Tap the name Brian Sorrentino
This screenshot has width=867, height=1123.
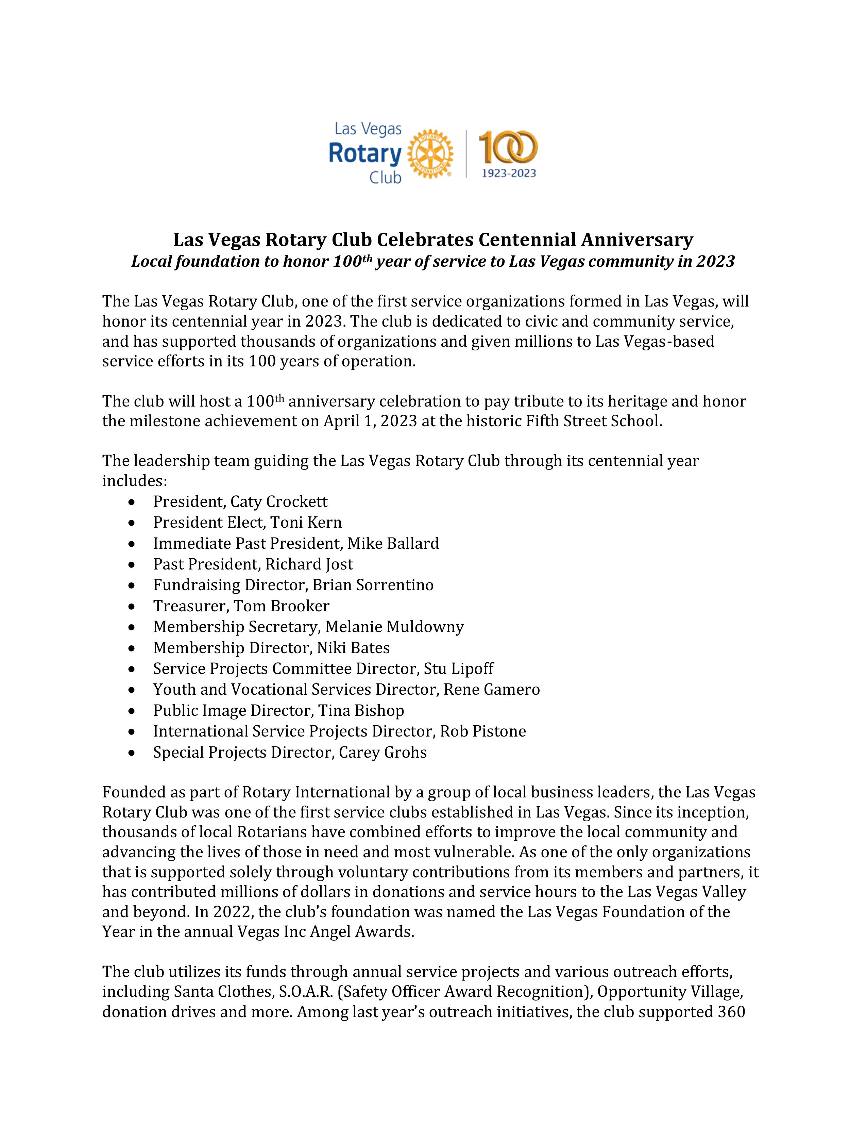(373, 585)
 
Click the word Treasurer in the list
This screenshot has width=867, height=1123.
(189, 606)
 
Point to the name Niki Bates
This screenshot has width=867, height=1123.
(351, 648)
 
